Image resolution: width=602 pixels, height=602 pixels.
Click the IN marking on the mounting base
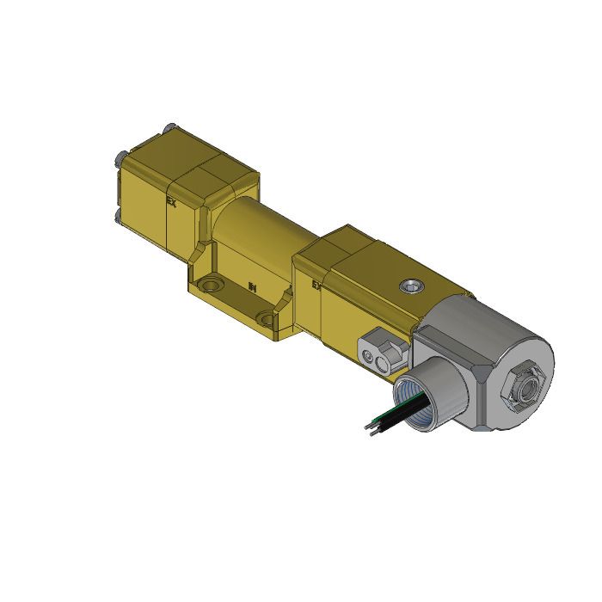click(x=252, y=286)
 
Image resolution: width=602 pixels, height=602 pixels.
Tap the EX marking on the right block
click(x=316, y=283)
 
